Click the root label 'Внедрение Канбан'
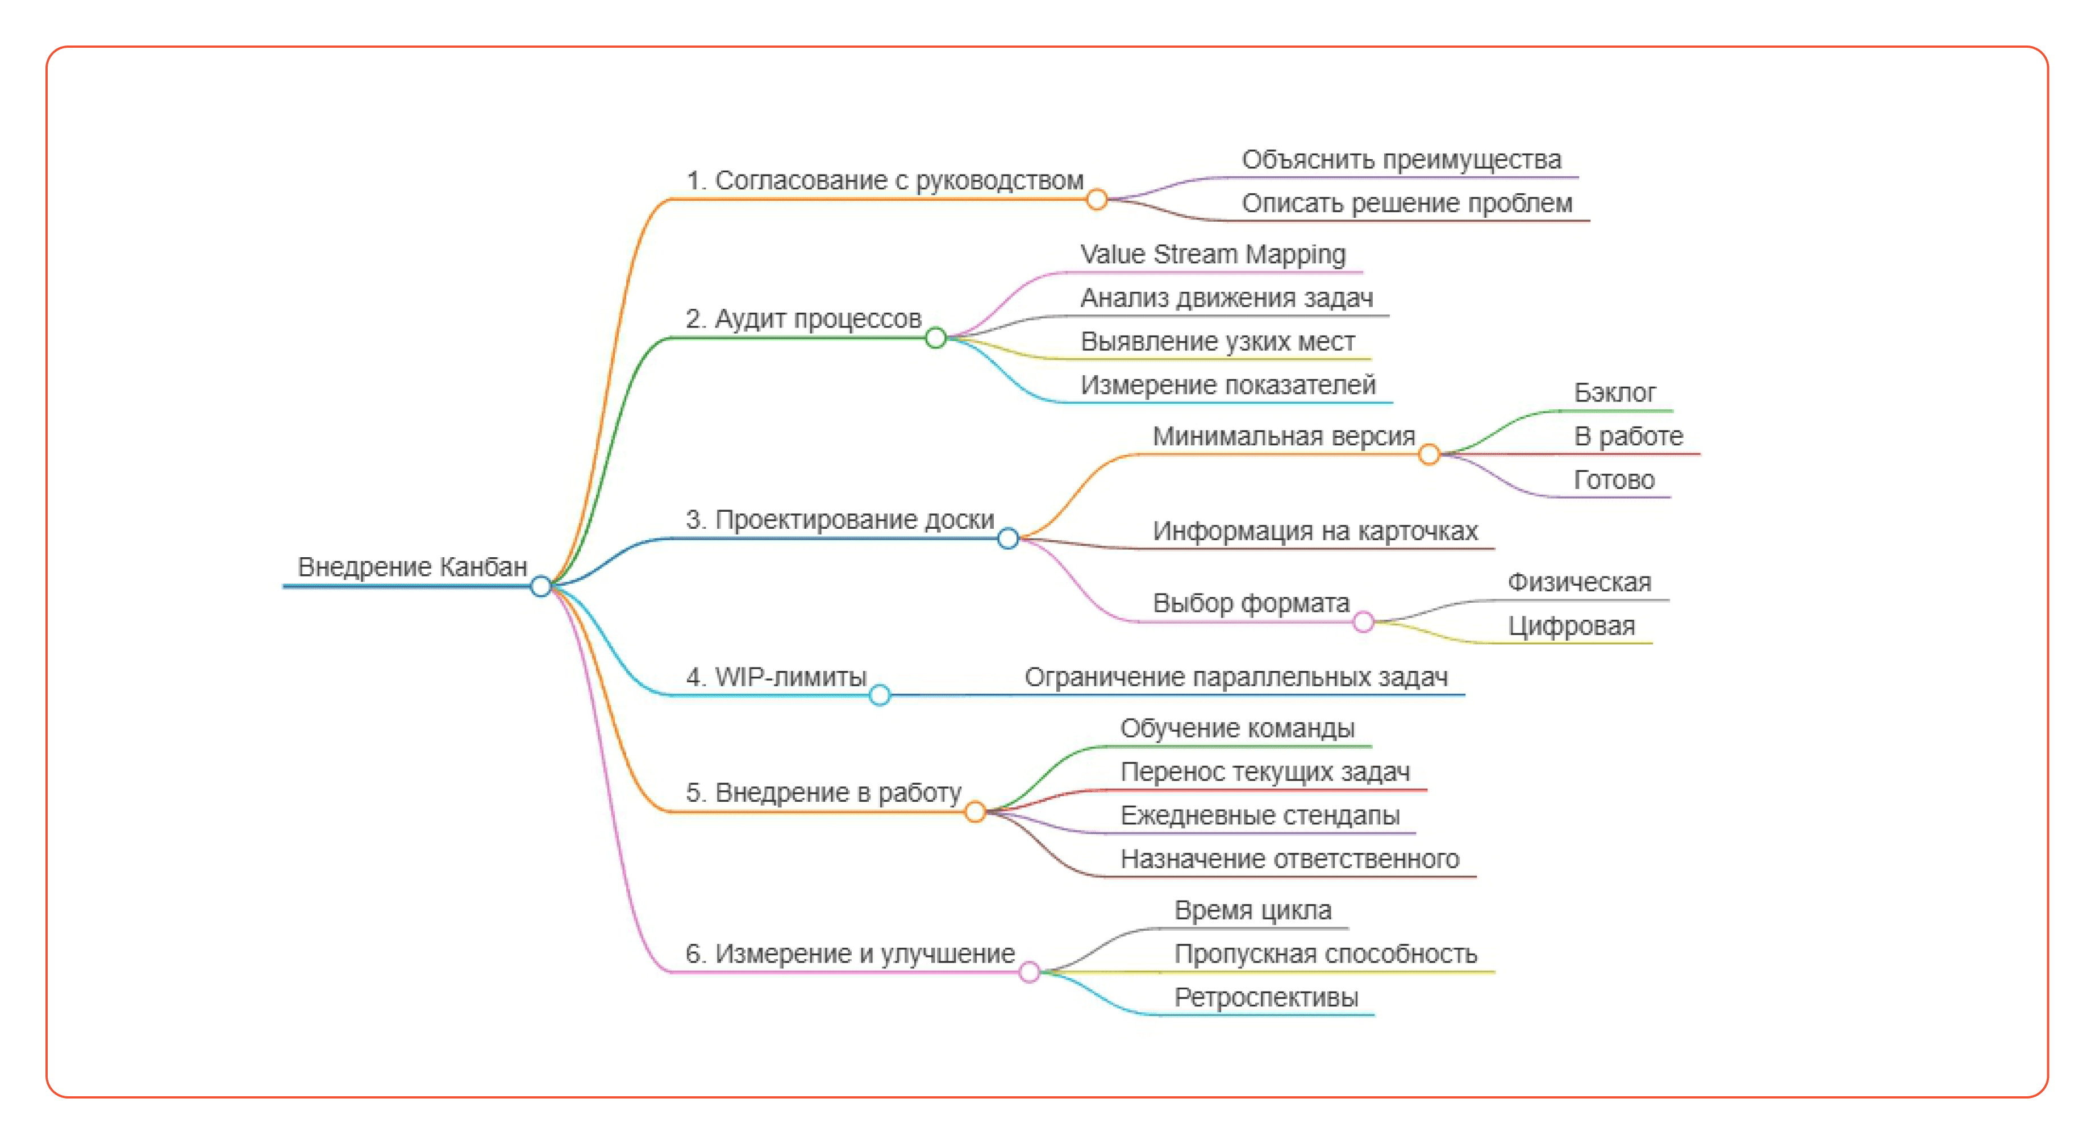[x=413, y=566]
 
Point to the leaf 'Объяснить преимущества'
[x=1401, y=159]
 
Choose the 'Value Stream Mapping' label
[x=1213, y=254]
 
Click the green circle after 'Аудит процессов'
[x=936, y=338]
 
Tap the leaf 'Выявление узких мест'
[x=1218, y=342]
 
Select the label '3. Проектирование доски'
[x=839, y=519]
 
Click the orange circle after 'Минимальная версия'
[x=1429, y=455]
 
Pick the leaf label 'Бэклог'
[x=1614, y=393]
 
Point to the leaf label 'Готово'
[x=1614, y=480]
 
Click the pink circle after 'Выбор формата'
[x=1364, y=623]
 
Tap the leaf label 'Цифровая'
[x=1571, y=625]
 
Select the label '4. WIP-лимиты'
[x=776, y=677]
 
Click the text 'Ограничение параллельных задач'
[x=1236, y=677]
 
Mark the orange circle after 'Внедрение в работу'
[x=975, y=811]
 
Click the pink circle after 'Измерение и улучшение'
[x=1030, y=972]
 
